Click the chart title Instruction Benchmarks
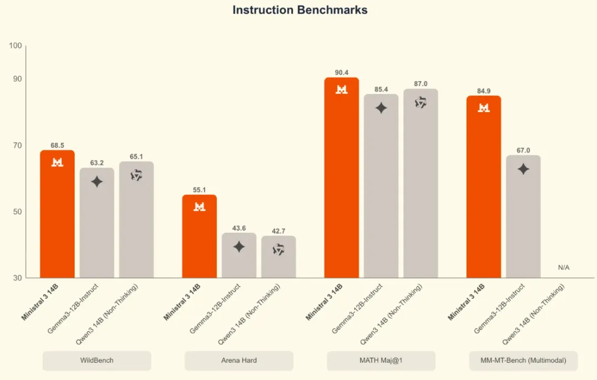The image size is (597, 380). [x=300, y=10]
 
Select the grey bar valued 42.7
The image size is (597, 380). [x=279, y=257]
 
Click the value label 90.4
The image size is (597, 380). [x=342, y=72]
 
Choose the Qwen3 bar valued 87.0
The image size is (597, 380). [x=421, y=183]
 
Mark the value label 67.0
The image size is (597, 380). [x=523, y=150]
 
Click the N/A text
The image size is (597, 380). [x=563, y=268]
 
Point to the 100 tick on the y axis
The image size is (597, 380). [x=15, y=45]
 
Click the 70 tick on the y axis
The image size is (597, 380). [x=18, y=145]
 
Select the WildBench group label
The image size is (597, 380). [x=97, y=361]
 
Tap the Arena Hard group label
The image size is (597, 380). [x=239, y=361]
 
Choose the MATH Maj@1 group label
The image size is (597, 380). [x=381, y=361]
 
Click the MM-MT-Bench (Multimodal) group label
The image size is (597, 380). [x=523, y=361]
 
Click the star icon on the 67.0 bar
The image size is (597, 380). [x=523, y=169]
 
